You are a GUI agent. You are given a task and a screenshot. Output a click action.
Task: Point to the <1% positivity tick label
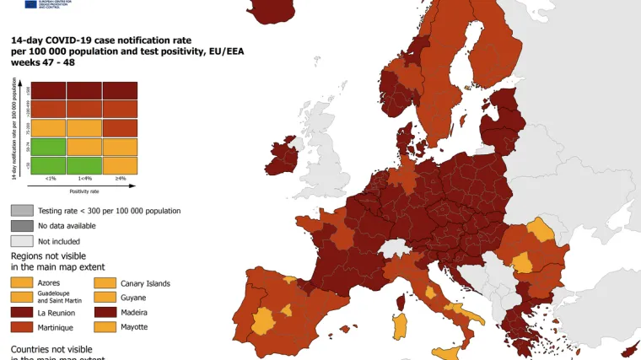pyautogui.click(x=51, y=178)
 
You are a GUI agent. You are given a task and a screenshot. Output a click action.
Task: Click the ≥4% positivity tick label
pyautogui.click(x=121, y=178)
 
